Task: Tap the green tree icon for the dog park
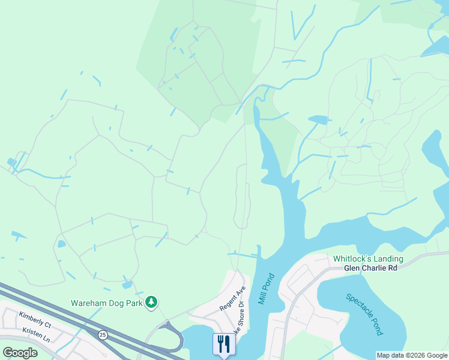[152, 301]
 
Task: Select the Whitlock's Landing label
[368, 259]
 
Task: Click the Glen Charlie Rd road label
[370, 268]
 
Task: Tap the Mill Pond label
[265, 289]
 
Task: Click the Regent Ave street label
[233, 298]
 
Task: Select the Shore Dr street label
[241, 314]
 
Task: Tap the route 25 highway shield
[103, 334]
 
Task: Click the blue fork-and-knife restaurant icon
[223, 344]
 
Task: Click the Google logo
[20, 352]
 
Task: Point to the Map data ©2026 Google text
[412, 355]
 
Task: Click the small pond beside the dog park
[126, 284]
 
